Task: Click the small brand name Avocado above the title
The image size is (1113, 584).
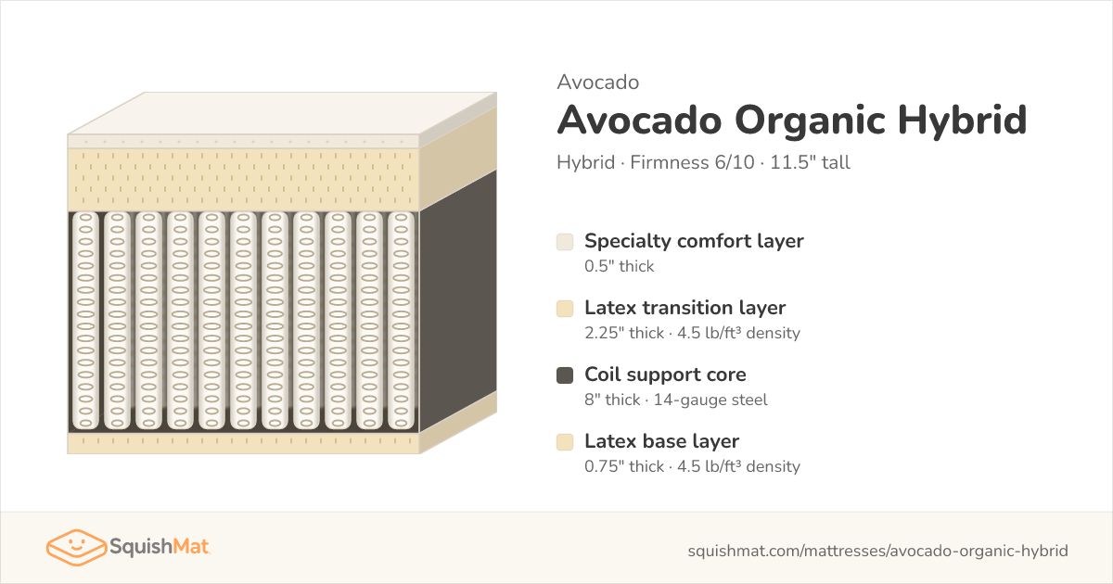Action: [x=597, y=82]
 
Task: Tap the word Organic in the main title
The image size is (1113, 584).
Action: [x=810, y=121]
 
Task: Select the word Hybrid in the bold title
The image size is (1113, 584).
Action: [x=963, y=121]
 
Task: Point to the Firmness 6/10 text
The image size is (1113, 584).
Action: [x=692, y=162]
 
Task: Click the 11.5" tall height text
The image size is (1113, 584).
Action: [x=810, y=162]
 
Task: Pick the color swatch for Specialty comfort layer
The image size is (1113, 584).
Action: [x=565, y=242]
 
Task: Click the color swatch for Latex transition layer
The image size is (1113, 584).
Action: [x=565, y=309]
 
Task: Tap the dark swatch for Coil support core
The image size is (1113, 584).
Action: [x=565, y=375]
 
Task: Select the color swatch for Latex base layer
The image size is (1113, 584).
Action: [x=565, y=442]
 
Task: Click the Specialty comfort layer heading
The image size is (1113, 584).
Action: [x=694, y=241]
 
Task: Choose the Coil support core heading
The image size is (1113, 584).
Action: [x=665, y=375]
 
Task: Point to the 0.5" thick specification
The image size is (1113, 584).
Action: [x=620, y=266]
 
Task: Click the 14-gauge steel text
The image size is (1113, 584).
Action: [x=710, y=400]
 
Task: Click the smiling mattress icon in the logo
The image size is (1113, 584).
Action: [x=76, y=547]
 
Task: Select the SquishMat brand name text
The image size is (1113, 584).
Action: [x=159, y=547]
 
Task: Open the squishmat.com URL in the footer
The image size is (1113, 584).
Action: [x=878, y=551]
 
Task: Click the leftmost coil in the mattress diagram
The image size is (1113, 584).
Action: [x=85, y=321]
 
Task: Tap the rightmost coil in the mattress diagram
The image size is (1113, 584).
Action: [x=401, y=321]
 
